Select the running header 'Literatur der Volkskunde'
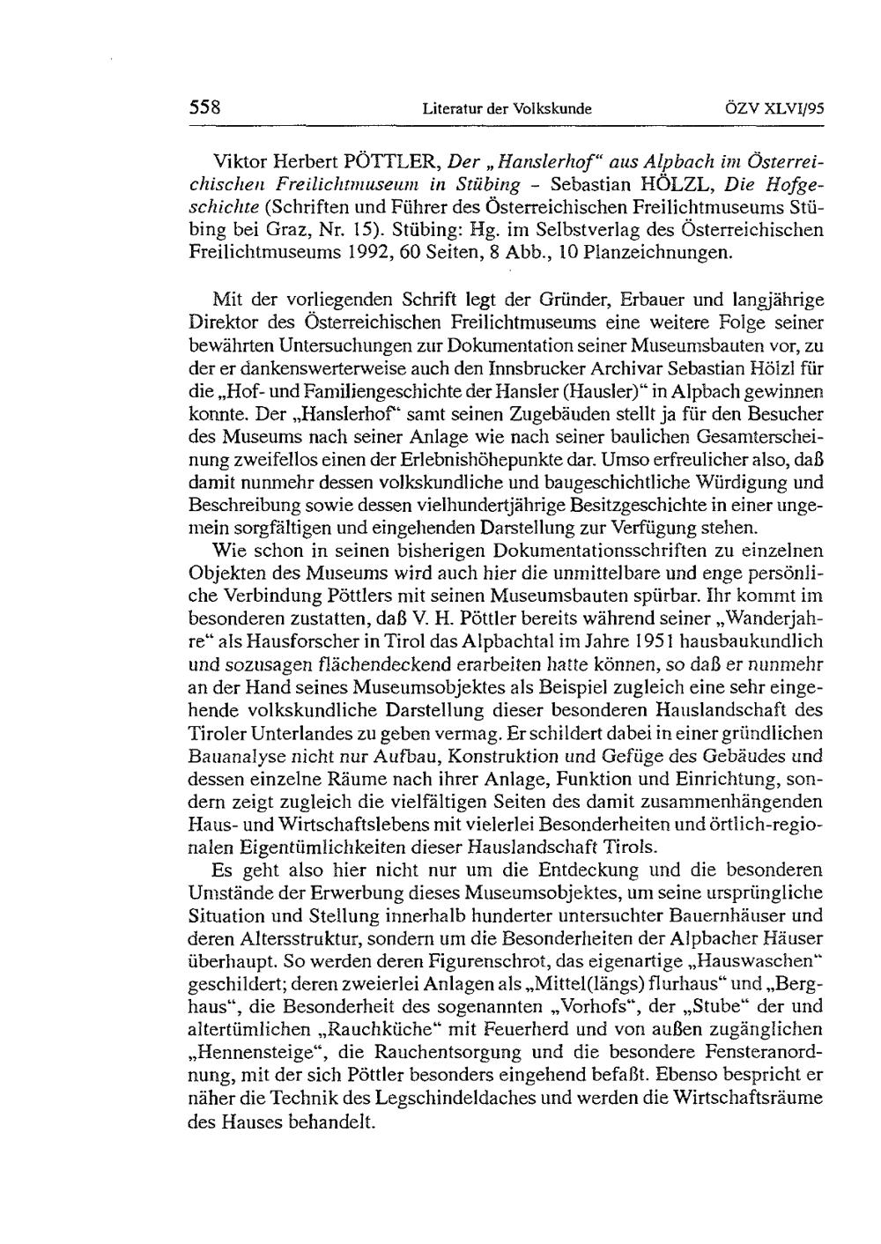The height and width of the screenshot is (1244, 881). (507, 109)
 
